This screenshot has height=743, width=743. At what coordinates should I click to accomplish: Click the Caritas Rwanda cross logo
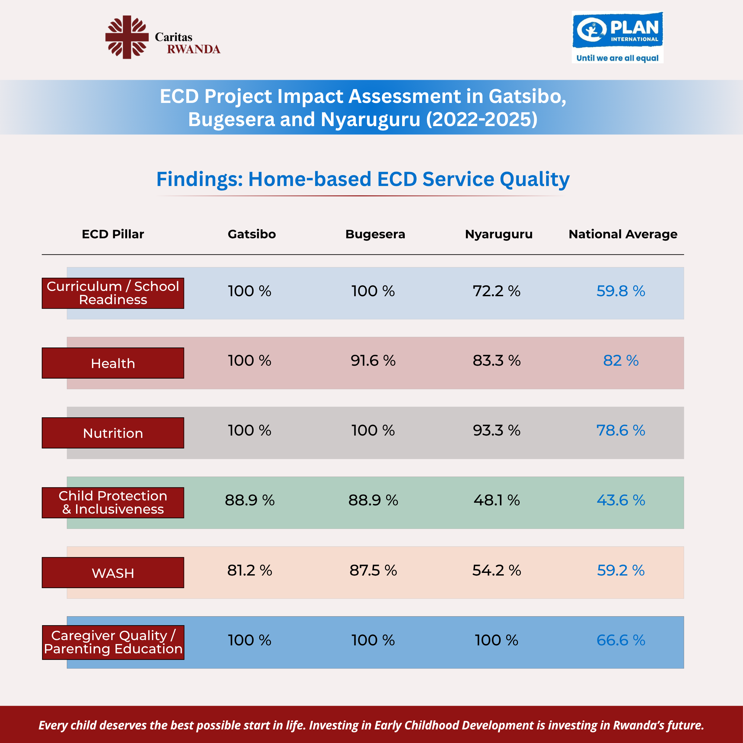coord(127,37)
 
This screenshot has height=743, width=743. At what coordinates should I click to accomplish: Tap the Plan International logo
coord(618,37)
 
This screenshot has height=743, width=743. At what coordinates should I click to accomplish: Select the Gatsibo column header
coord(252,234)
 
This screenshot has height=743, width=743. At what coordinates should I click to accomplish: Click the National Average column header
coord(623,234)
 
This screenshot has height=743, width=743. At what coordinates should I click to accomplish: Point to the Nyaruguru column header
coord(499,234)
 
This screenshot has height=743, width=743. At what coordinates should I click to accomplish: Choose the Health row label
coord(113,363)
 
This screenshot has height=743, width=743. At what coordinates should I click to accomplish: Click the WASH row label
coord(113,573)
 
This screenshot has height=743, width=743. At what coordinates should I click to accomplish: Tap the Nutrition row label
coord(113,433)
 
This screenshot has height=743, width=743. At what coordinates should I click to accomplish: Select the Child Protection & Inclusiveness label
coord(113,503)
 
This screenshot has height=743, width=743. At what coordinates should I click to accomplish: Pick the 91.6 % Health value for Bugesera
coord(373,360)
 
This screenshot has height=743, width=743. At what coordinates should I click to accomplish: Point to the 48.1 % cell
coord(496,500)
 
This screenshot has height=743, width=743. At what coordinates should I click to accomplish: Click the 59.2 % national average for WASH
coord(621,570)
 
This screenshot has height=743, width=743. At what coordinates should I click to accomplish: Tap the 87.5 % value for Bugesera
coord(373,570)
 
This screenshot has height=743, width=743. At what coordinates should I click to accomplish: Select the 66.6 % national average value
coord(621,640)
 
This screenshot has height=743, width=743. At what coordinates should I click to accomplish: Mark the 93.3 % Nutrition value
coord(496,430)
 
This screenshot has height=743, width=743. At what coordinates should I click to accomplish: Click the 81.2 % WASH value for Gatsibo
coord(250,570)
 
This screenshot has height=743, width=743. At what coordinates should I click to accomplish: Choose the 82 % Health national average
coord(621,360)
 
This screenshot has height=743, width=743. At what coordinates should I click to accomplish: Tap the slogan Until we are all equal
coord(618,58)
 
